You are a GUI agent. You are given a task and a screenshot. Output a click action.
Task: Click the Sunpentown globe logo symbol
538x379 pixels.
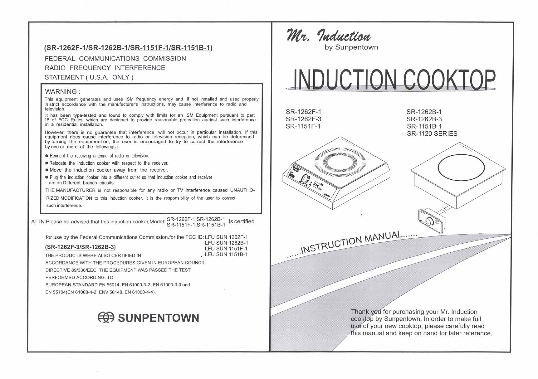106,317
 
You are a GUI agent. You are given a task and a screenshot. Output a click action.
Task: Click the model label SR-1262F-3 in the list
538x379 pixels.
303,119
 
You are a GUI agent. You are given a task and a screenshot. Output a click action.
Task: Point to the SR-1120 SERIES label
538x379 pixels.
432,134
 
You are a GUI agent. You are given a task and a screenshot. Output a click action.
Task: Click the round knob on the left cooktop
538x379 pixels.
306,179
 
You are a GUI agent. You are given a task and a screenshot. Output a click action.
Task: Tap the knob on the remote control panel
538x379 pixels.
431,222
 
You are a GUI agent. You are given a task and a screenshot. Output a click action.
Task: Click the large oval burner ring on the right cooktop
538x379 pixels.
461,168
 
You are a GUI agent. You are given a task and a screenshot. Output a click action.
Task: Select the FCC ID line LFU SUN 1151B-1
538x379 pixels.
226,254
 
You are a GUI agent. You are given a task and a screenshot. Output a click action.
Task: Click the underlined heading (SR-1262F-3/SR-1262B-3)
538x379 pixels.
80,247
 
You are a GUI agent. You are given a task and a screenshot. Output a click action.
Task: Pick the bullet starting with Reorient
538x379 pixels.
97,156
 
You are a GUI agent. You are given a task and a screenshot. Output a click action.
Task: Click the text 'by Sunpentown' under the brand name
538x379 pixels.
351,47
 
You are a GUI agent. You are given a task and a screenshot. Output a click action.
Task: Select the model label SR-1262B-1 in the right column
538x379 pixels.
424,112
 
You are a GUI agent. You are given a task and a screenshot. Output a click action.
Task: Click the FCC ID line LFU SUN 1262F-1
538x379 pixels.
226,237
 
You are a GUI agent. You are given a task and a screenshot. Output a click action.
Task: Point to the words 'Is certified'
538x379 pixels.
242,221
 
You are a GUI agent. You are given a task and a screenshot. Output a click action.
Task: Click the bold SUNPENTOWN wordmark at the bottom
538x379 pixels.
159,318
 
